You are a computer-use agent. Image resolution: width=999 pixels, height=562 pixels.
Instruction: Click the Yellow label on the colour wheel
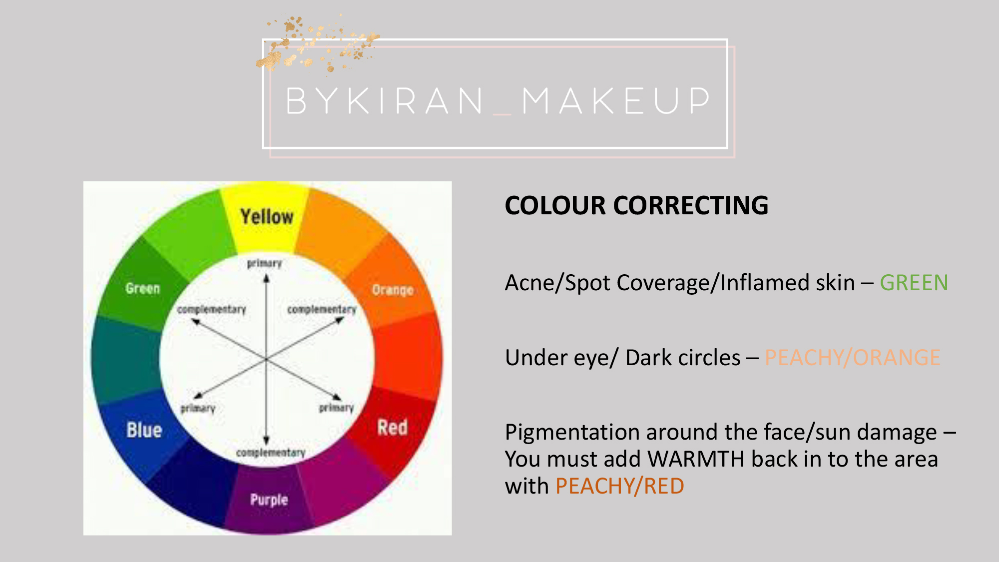[x=267, y=217]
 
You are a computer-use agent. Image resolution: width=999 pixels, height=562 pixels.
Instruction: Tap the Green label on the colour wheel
[x=143, y=288]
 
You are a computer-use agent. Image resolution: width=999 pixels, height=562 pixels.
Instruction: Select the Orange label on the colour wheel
[x=393, y=290]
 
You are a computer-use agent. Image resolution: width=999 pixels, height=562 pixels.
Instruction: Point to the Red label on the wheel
[x=393, y=428]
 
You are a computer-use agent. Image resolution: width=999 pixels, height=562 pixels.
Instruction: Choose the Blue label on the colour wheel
[x=144, y=430]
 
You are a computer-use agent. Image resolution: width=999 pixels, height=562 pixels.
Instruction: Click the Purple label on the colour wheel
[x=269, y=500]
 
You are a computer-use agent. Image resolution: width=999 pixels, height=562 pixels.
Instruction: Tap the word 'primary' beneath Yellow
[x=264, y=263]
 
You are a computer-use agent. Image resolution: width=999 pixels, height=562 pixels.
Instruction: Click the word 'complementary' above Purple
[x=271, y=453]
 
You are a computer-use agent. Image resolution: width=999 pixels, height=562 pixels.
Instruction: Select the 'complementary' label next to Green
[x=212, y=310]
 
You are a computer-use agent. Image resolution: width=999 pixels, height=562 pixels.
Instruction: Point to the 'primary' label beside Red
[x=336, y=408]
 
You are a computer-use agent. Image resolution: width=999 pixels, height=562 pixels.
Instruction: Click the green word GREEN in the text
[x=914, y=283]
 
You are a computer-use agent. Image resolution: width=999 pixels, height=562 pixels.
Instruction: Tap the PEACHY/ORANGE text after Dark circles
[x=853, y=358]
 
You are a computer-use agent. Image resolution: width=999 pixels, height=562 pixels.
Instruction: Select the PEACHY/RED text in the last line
[x=620, y=486]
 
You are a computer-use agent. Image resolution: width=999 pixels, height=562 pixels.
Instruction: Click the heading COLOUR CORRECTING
[x=636, y=205]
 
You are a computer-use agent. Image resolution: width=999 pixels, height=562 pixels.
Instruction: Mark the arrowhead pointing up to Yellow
[x=266, y=278]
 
